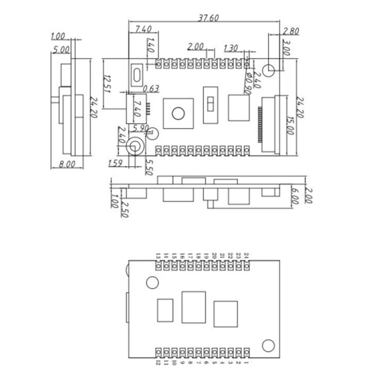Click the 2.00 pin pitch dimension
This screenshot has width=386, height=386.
click(196, 47)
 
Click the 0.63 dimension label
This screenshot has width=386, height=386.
click(152, 88)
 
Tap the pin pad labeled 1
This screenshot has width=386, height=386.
click(247, 351)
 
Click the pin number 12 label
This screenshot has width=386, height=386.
click(158, 362)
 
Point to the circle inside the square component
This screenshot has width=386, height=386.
click(178, 113)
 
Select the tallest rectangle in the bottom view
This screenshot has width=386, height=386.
click(193, 307)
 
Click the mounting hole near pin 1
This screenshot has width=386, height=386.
click(268, 345)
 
